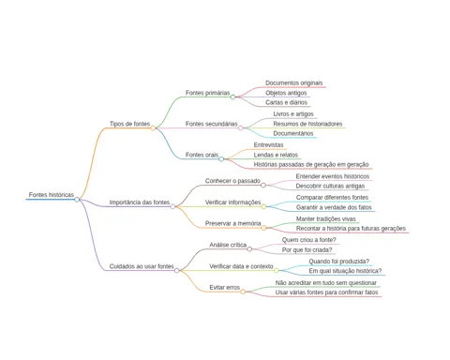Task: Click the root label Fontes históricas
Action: point(52,195)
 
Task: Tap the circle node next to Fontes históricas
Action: point(77,200)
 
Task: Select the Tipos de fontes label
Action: point(129,124)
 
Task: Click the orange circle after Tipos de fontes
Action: point(153,128)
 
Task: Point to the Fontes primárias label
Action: point(207,93)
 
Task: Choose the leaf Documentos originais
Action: point(294,82)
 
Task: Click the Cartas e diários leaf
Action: point(286,102)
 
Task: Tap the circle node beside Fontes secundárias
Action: point(241,127)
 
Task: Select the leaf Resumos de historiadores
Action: point(307,124)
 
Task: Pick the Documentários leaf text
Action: point(293,133)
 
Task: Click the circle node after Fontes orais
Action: point(221,159)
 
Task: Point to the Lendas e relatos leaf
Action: point(276,155)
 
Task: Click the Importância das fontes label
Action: point(140,202)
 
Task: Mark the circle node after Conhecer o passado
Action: point(263,186)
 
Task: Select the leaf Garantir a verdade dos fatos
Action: point(334,207)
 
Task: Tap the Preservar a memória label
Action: point(232,223)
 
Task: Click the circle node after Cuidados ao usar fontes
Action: point(177,270)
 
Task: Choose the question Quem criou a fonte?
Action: point(309,240)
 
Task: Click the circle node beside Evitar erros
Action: point(243,292)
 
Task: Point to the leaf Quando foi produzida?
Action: point(339,262)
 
